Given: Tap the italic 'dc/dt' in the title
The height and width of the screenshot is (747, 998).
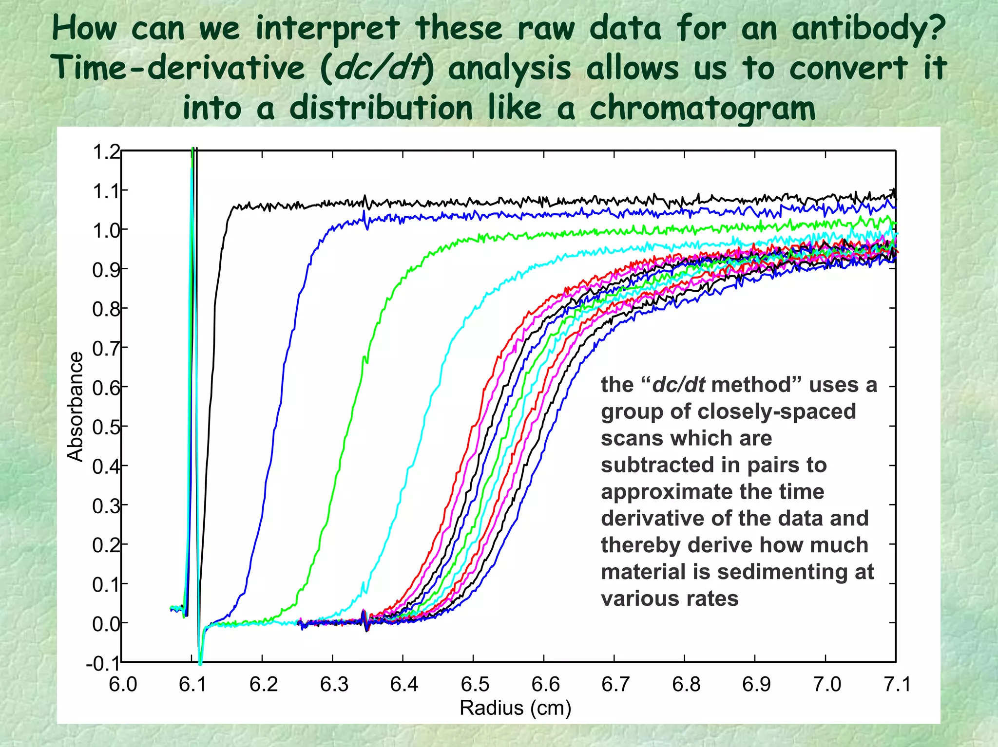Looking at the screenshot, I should (378, 68).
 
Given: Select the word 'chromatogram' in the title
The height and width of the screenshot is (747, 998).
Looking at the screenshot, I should (702, 108).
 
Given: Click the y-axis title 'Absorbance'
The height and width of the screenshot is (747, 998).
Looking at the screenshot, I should (76, 407).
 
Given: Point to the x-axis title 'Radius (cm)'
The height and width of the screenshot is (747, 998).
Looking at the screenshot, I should (515, 708).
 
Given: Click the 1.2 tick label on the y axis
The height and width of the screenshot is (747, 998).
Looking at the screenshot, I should (106, 152).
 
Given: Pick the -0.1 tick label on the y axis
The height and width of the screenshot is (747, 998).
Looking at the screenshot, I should (103, 663).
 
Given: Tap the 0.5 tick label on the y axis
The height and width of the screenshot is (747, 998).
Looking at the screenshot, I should (106, 427).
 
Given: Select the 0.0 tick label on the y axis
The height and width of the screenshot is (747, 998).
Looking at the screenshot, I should (106, 623).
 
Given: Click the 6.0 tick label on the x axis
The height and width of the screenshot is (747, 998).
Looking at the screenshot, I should (122, 685).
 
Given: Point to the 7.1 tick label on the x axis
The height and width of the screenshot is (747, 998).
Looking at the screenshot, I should (897, 685).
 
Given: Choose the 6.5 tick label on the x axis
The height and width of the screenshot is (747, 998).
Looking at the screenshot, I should (475, 685).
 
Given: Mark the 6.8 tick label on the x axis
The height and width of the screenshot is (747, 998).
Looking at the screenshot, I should (686, 685).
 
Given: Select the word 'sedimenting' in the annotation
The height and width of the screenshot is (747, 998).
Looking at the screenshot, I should (781, 572).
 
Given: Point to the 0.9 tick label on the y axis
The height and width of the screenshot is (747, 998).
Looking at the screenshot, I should (106, 269).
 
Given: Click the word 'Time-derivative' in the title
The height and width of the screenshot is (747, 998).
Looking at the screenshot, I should (180, 68).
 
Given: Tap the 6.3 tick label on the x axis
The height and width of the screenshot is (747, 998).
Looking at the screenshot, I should (334, 685).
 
